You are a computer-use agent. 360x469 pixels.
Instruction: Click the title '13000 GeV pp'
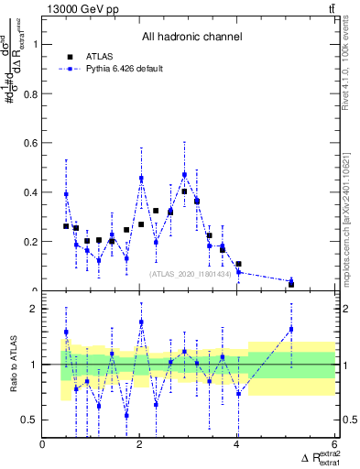[x=81, y=8]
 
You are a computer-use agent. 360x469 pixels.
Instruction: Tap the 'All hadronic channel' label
[x=191, y=38]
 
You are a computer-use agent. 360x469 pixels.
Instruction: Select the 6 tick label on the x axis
[x=333, y=445]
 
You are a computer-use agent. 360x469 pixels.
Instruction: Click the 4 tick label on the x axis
[x=236, y=445]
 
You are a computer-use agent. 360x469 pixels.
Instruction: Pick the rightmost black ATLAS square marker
[x=291, y=284]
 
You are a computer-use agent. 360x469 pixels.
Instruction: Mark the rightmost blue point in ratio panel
[x=291, y=329]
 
